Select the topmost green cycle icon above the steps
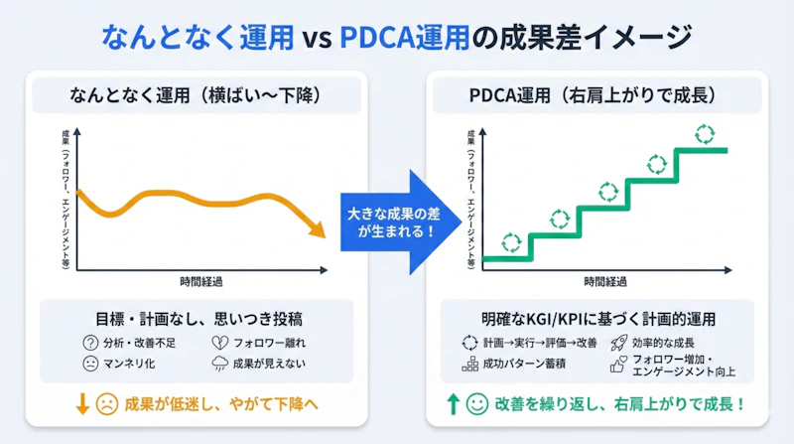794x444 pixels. [704, 133]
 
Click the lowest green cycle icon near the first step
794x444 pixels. [510, 241]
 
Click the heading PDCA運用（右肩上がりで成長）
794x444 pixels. [594, 96]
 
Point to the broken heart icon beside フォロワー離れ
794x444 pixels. [218, 342]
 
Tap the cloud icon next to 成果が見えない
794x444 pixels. [218, 364]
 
